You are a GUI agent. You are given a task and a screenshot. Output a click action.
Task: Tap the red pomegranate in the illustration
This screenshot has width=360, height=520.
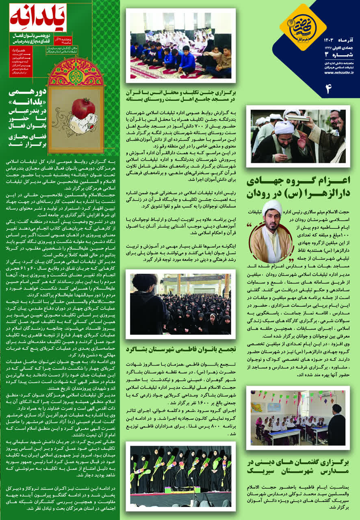[83, 108]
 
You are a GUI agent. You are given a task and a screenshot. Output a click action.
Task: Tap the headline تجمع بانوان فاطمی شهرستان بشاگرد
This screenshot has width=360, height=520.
[180, 349]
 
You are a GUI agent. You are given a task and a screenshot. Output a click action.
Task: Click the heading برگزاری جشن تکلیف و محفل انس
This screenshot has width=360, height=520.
[180, 96]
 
